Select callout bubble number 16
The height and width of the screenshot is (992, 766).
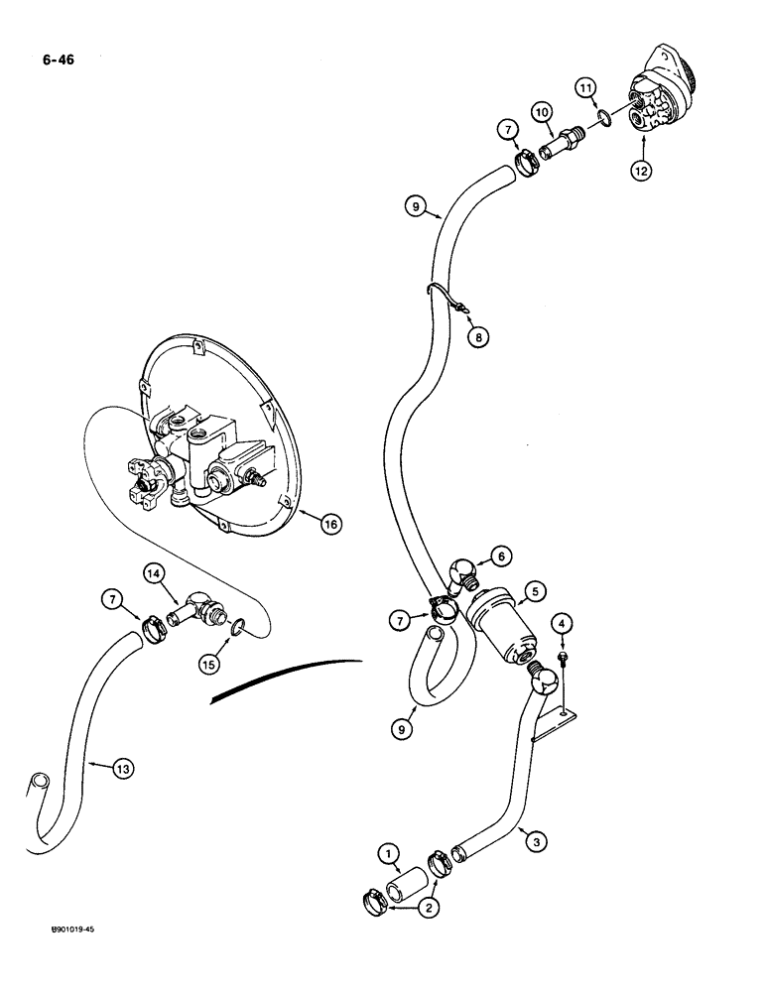point(333,522)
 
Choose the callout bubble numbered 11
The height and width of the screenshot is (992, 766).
point(586,90)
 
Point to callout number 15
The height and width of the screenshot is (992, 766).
point(209,666)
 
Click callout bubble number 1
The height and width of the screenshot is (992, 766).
point(388,851)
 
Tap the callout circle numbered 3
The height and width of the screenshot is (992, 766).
point(537,843)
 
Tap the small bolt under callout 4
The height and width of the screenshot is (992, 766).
point(563,683)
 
